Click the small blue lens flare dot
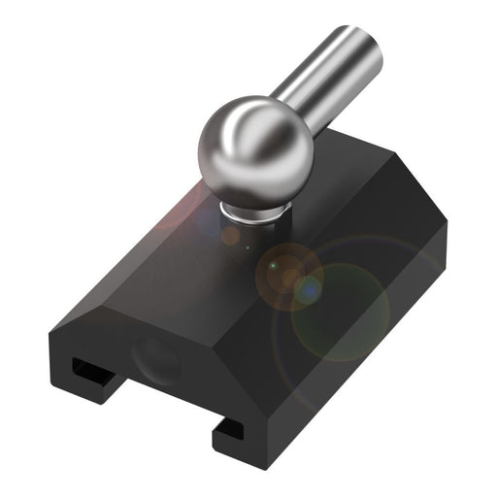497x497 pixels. point(309,287)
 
